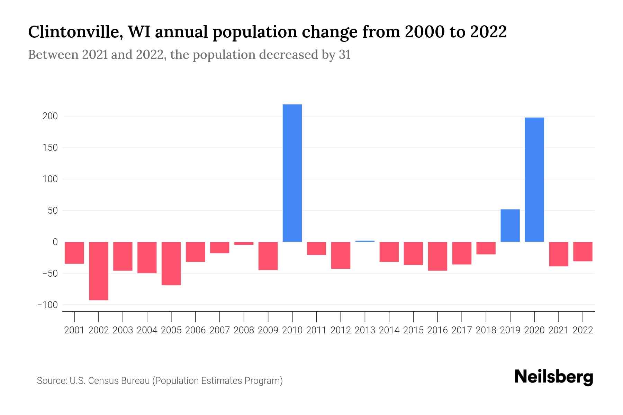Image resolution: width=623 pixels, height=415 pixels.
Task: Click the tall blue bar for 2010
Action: click(x=292, y=173)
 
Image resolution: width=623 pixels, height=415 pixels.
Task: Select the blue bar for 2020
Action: click(x=534, y=179)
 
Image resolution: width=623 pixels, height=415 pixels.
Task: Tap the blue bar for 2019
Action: click(x=510, y=225)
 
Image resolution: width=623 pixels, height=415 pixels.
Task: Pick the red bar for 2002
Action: click(x=99, y=271)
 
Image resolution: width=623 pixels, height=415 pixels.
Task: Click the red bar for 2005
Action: click(x=171, y=264)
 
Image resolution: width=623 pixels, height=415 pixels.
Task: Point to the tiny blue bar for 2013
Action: click(x=365, y=241)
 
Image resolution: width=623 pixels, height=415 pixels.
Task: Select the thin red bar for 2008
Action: click(x=244, y=243)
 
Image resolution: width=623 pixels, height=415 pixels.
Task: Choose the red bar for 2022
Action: click(x=583, y=251)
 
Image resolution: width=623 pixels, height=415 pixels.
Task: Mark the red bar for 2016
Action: click(x=437, y=256)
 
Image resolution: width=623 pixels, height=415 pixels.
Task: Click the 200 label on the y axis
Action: click(x=50, y=117)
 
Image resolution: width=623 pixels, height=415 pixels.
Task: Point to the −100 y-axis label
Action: click(x=48, y=305)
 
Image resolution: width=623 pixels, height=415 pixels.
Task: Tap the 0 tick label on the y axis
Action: click(x=55, y=242)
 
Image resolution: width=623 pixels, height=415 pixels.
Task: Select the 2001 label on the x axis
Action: click(x=74, y=330)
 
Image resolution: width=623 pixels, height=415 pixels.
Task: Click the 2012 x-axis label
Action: click(x=341, y=330)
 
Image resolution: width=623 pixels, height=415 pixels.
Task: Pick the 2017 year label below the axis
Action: click(x=461, y=330)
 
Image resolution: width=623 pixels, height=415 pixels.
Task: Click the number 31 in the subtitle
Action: click(x=344, y=55)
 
